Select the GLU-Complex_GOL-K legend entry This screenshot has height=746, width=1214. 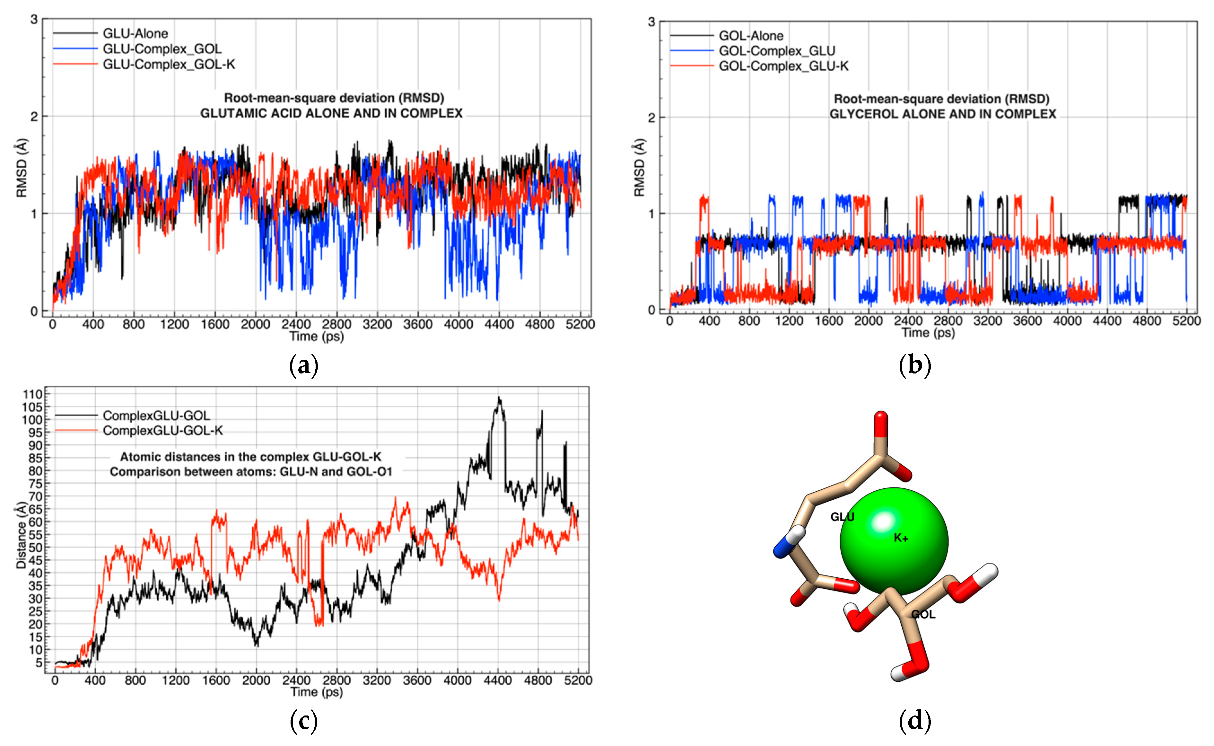pos(169,65)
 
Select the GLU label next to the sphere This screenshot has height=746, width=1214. pos(842,517)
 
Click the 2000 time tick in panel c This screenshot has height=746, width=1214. pos(256,680)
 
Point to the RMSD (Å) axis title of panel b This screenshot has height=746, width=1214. pos(639,168)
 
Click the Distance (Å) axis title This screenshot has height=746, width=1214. pos(21,535)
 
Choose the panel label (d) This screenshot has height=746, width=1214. pos(915,721)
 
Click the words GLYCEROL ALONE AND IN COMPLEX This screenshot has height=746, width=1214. pos(943,114)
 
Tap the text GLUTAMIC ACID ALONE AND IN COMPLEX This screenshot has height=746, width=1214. pos(331,113)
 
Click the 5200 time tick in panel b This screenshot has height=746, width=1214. pos(1186,321)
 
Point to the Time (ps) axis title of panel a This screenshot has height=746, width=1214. pos(316,337)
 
